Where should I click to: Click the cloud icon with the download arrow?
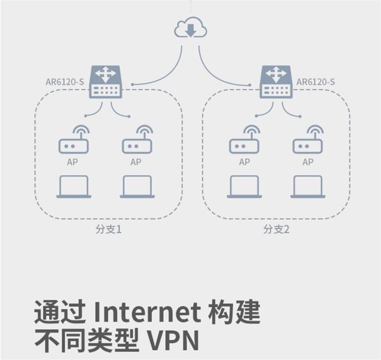(x=190, y=28)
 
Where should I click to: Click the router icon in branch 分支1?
(x=106, y=82)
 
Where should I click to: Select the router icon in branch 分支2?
(x=276, y=82)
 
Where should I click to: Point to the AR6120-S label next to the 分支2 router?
(x=316, y=82)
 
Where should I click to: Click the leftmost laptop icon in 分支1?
(x=73, y=187)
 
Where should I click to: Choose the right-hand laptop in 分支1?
(x=137, y=187)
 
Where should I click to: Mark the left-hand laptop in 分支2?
(x=244, y=187)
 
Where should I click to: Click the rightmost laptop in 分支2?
(x=308, y=187)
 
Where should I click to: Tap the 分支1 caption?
(x=108, y=229)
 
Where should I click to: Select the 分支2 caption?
(x=276, y=229)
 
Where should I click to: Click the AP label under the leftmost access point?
(x=73, y=162)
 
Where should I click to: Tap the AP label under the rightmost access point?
(x=308, y=162)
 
